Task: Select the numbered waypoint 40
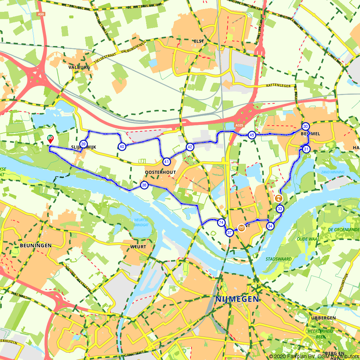122,146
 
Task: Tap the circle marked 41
166,162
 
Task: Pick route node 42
190,147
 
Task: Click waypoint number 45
252,135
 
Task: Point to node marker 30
305,126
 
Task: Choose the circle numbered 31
306,149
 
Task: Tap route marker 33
280,209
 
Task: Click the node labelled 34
270,226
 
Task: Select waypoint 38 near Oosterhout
144,185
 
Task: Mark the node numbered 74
221,223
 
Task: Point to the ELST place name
198,41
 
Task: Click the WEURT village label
139,247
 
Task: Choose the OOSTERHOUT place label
160,172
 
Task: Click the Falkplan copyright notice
314,356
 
